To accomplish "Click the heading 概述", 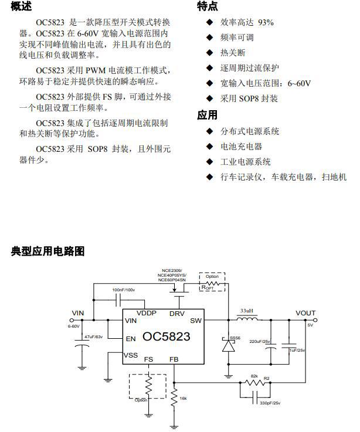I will pos(22,6).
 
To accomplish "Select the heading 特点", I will pos(208,6).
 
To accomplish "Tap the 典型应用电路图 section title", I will pos(48,251).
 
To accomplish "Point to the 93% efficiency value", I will pos(266,23).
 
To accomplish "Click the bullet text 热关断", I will pos(233,53).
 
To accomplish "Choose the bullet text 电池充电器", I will pos(241,147).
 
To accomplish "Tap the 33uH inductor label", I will pos(247,310).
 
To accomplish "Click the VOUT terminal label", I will pos(305,313).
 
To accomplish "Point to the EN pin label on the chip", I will pos(130,338).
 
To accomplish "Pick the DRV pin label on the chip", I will pos(177,314).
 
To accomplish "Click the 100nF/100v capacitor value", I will pos(124,290).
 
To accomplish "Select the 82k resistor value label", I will pos(254,376).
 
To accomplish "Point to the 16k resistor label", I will pos(184,398).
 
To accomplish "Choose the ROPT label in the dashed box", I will pos(208,287).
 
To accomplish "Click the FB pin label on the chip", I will pos(174,359).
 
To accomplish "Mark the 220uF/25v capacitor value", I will pos(260,341).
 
